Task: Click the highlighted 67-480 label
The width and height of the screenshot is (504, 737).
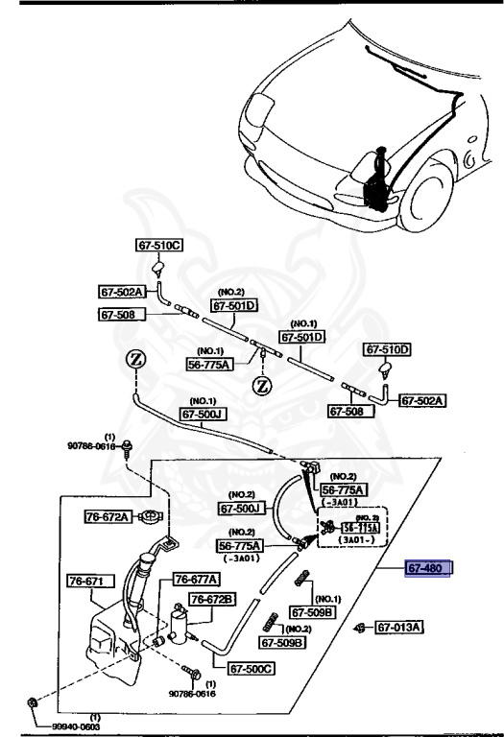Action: [428, 569]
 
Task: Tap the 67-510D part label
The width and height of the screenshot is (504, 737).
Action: [387, 350]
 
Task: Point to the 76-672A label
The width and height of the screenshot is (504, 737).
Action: [108, 516]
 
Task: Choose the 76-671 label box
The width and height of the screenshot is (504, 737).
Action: [90, 582]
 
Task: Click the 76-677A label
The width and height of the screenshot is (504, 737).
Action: [196, 579]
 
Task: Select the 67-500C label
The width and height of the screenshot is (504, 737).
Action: [252, 669]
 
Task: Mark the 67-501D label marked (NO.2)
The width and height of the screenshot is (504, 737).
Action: [235, 306]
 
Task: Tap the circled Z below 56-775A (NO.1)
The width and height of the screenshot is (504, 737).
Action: [260, 387]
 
